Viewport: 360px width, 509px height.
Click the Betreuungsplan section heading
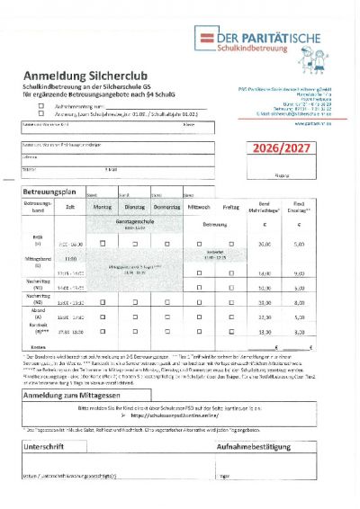click(x=52, y=192)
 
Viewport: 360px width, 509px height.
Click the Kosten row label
click(x=38, y=346)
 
